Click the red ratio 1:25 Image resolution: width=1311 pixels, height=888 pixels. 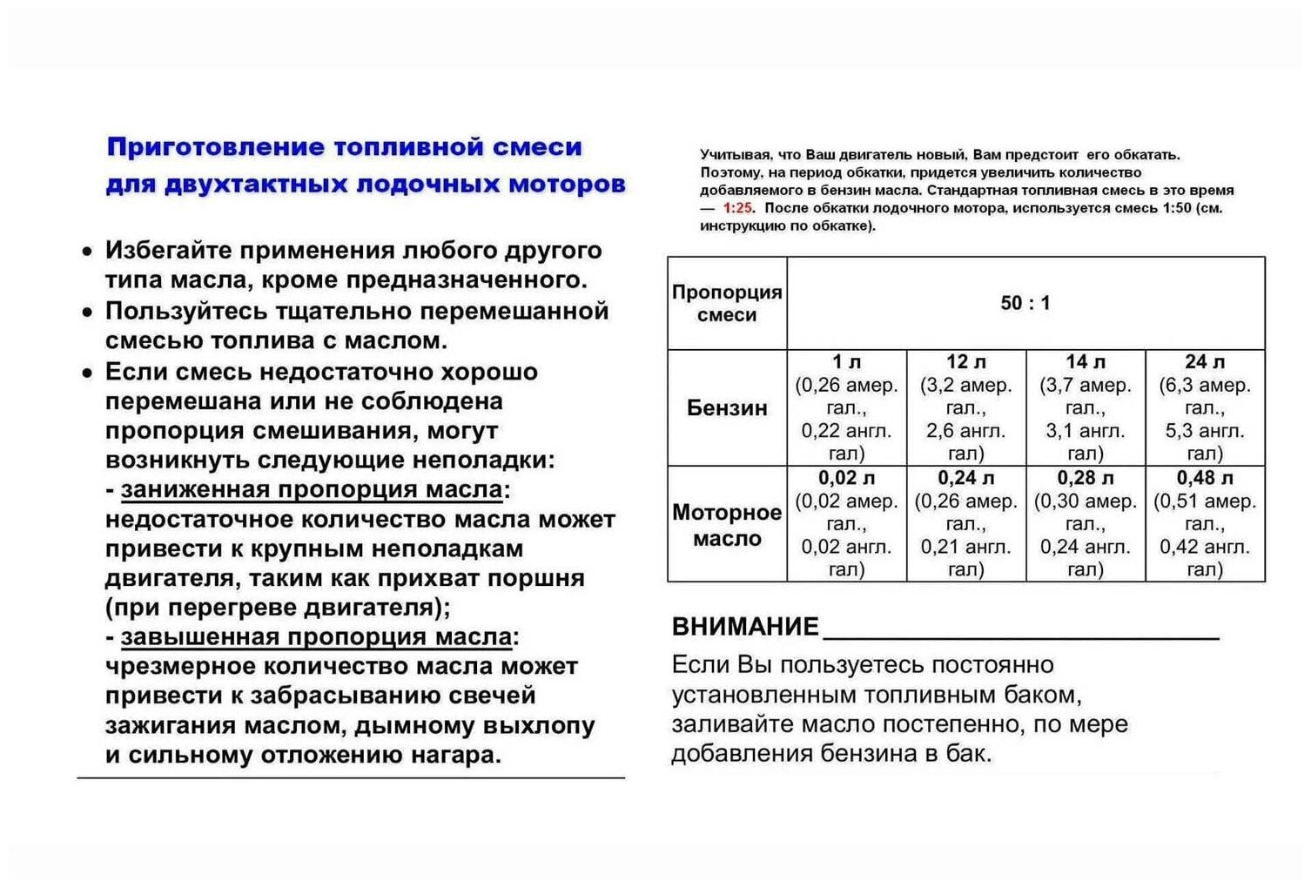coord(737,208)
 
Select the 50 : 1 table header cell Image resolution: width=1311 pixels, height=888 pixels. coord(1025,303)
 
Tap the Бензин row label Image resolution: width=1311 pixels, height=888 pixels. coord(727,407)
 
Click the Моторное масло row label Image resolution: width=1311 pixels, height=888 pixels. coord(727,525)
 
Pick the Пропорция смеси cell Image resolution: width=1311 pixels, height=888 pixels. coord(727,303)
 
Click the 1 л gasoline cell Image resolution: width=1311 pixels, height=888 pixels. coord(846,407)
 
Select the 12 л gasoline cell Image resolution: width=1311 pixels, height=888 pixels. coord(965,407)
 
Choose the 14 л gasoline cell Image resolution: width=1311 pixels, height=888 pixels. coord(1085,407)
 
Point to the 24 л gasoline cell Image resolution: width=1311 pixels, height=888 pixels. coord(1205,407)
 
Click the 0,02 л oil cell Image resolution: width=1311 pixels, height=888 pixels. coord(846,523)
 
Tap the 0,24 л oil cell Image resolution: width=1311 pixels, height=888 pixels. coord(965,523)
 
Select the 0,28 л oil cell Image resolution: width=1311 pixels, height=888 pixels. coord(1085,523)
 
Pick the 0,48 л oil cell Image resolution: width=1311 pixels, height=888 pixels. coord(1205,523)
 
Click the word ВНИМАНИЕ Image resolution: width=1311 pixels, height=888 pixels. coord(745,627)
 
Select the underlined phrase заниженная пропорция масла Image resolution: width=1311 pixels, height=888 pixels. coord(312,490)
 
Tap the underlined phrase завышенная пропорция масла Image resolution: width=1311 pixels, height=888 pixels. coord(316,637)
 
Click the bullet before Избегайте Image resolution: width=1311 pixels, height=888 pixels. coord(86,252)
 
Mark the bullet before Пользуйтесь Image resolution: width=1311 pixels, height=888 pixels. coord(86,312)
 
